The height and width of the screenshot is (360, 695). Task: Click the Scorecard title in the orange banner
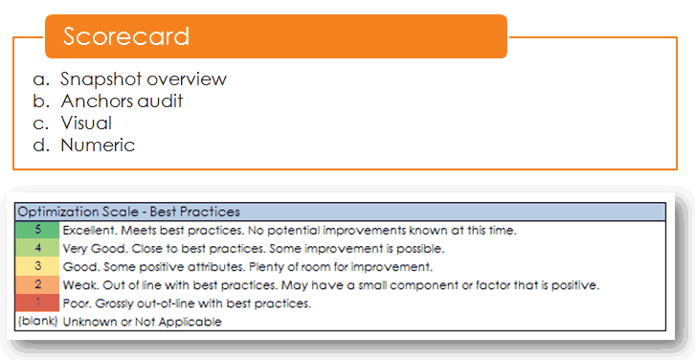pos(125,36)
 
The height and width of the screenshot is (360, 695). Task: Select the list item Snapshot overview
pos(144,79)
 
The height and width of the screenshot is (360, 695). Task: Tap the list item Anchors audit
pos(122,101)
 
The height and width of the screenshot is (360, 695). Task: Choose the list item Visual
pos(86,123)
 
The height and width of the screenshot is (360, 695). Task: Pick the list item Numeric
pos(98,146)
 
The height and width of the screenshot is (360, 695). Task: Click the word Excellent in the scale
pos(88,230)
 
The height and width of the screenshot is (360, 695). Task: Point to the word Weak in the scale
pos(78,284)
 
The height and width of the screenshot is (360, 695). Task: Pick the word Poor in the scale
pos(76,304)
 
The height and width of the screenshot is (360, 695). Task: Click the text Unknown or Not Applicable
pos(142,322)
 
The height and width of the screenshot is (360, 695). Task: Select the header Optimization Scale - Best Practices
pos(129,212)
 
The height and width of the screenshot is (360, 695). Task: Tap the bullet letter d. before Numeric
pos(40,146)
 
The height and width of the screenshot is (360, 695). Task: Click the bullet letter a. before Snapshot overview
pos(40,79)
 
